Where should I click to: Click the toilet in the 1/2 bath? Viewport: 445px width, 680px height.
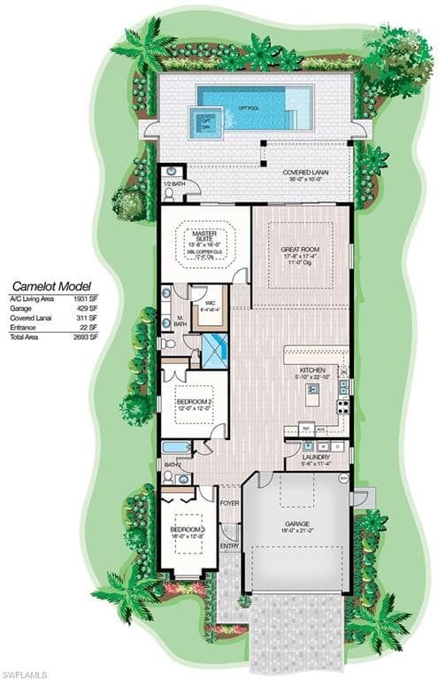pyautogui.click(x=171, y=172)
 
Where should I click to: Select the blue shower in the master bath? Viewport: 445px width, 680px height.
pyautogui.click(x=214, y=351)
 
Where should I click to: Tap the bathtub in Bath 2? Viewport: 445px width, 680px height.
pyautogui.click(x=175, y=447)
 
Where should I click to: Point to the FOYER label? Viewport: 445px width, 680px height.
pyautogui.click(x=230, y=504)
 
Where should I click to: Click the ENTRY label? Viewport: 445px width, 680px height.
pyautogui.click(x=229, y=546)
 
